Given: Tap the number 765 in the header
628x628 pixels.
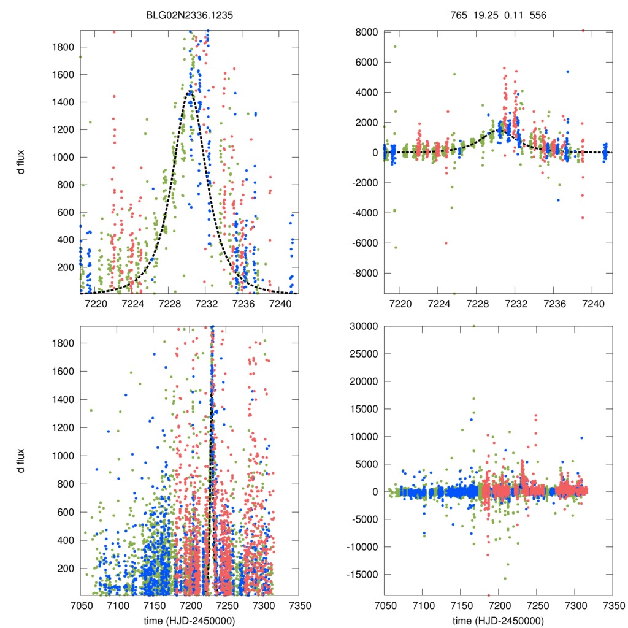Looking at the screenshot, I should (458, 14).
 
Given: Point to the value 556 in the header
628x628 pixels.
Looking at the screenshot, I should (538, 14).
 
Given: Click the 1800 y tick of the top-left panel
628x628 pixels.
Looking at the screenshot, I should (64, 47).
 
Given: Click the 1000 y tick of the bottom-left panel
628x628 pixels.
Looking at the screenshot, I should (64, 456).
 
